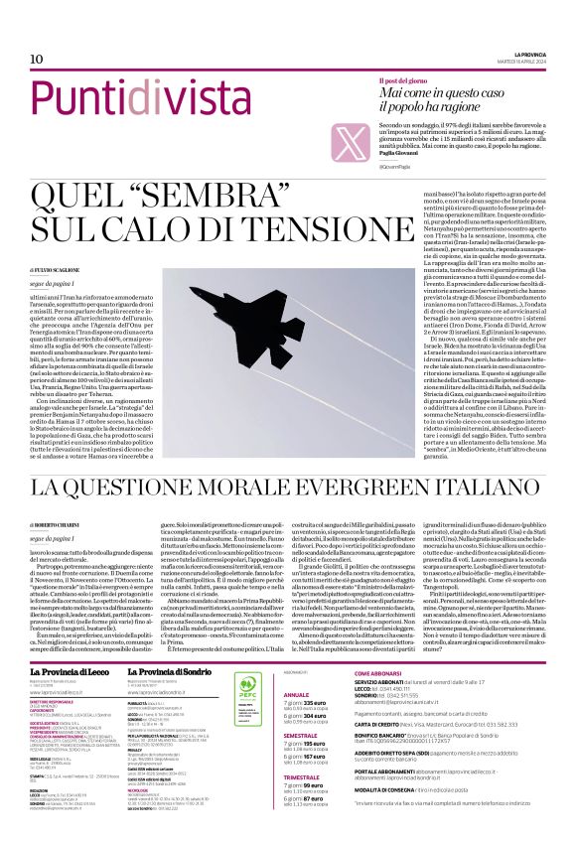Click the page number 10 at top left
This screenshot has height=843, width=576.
[x=22, y=60]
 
